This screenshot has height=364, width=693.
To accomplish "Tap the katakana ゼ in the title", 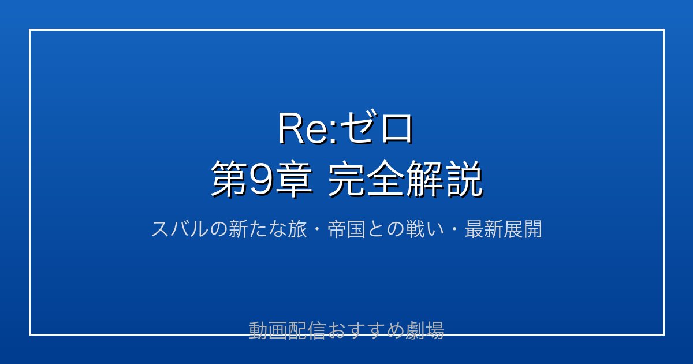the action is [357, 128].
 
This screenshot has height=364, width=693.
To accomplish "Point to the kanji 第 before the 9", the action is [229, 179].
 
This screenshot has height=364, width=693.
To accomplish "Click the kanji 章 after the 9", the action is [293, 179].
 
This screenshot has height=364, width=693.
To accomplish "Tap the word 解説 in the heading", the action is [444, 179].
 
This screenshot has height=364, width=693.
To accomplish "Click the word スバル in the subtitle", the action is [180, 229].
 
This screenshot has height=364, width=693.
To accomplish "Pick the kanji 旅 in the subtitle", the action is [297, 229].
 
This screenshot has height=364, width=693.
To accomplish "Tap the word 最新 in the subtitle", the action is [484, 229].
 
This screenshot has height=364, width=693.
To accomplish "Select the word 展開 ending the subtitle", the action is [523, 229].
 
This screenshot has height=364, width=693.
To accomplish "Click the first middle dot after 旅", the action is [317, 229].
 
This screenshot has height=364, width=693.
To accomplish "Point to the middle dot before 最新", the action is [454, 229].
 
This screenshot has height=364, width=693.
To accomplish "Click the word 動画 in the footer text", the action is [268, 330].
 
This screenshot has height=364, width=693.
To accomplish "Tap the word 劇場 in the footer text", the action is [424, 330].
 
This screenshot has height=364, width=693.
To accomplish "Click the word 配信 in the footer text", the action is [307, 330].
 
